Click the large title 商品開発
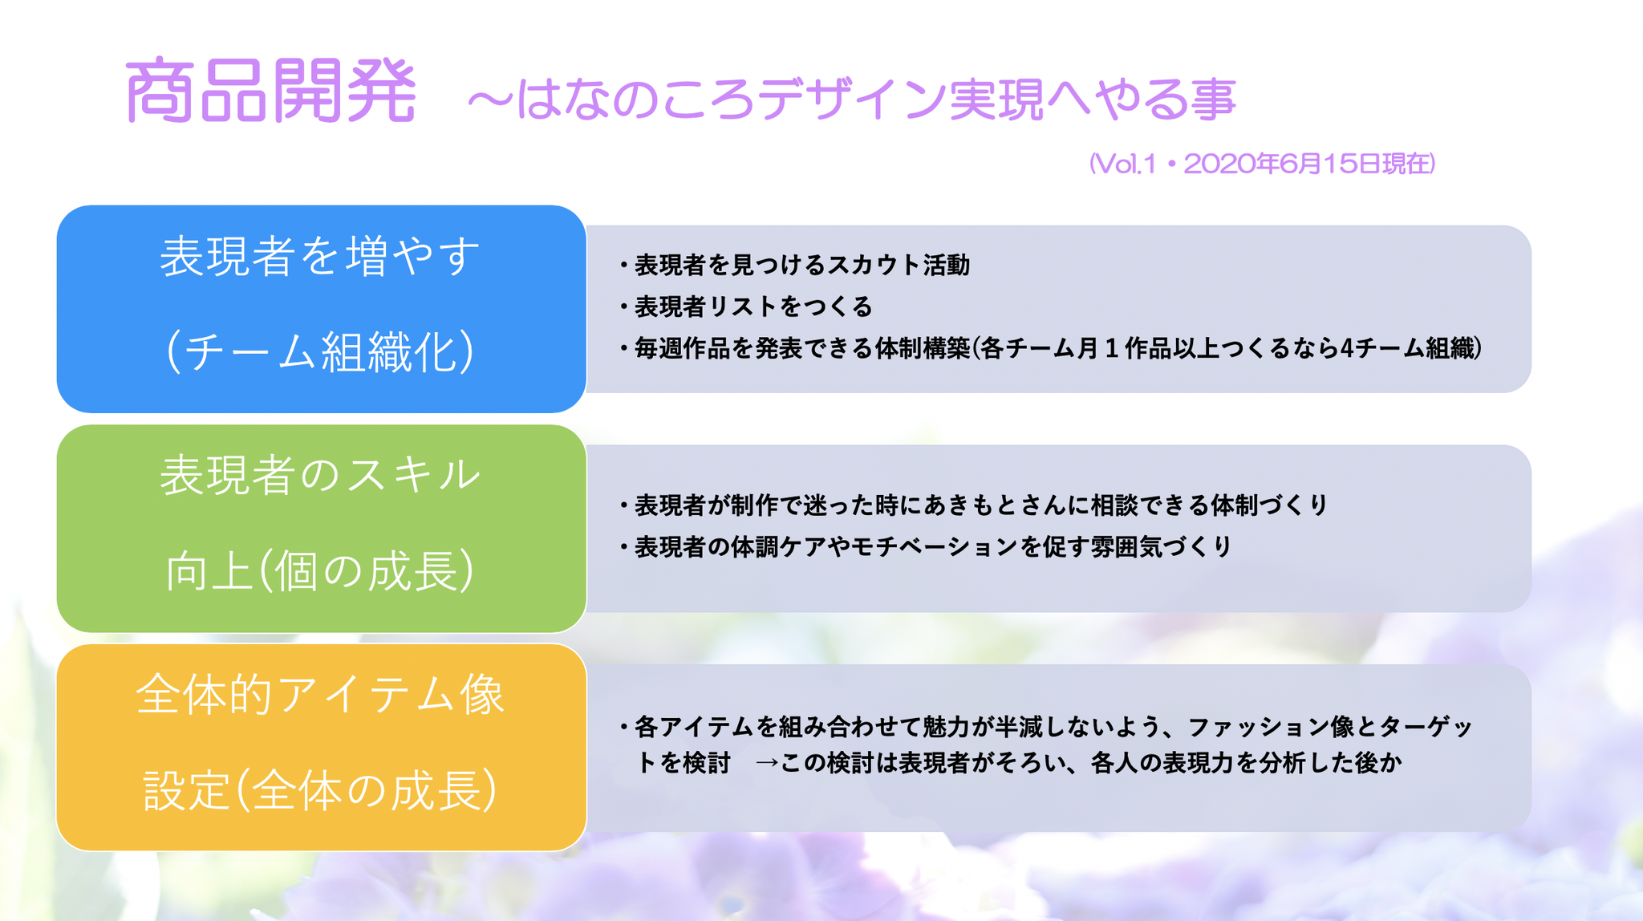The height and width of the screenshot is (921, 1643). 271,91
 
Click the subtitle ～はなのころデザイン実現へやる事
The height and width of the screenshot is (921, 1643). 851,99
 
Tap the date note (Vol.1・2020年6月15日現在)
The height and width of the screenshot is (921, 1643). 1262,164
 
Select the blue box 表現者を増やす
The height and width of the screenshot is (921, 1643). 321,309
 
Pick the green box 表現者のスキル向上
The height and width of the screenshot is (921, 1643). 321,529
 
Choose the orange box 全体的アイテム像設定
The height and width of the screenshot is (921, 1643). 321,748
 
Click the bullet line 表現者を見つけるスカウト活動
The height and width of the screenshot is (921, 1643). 794,265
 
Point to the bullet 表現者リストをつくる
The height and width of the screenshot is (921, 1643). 745,306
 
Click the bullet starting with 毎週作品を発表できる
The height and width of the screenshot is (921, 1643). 1050,348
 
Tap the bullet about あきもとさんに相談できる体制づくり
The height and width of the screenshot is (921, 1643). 973,505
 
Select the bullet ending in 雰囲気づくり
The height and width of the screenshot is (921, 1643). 925,547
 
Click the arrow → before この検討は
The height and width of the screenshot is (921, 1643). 767,762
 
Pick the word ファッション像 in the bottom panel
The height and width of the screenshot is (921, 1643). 1271,727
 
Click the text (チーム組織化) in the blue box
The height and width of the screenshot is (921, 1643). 321,352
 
